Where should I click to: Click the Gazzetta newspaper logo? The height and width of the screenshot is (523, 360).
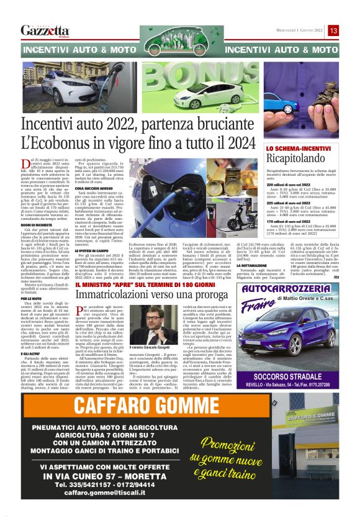(45, 30)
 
